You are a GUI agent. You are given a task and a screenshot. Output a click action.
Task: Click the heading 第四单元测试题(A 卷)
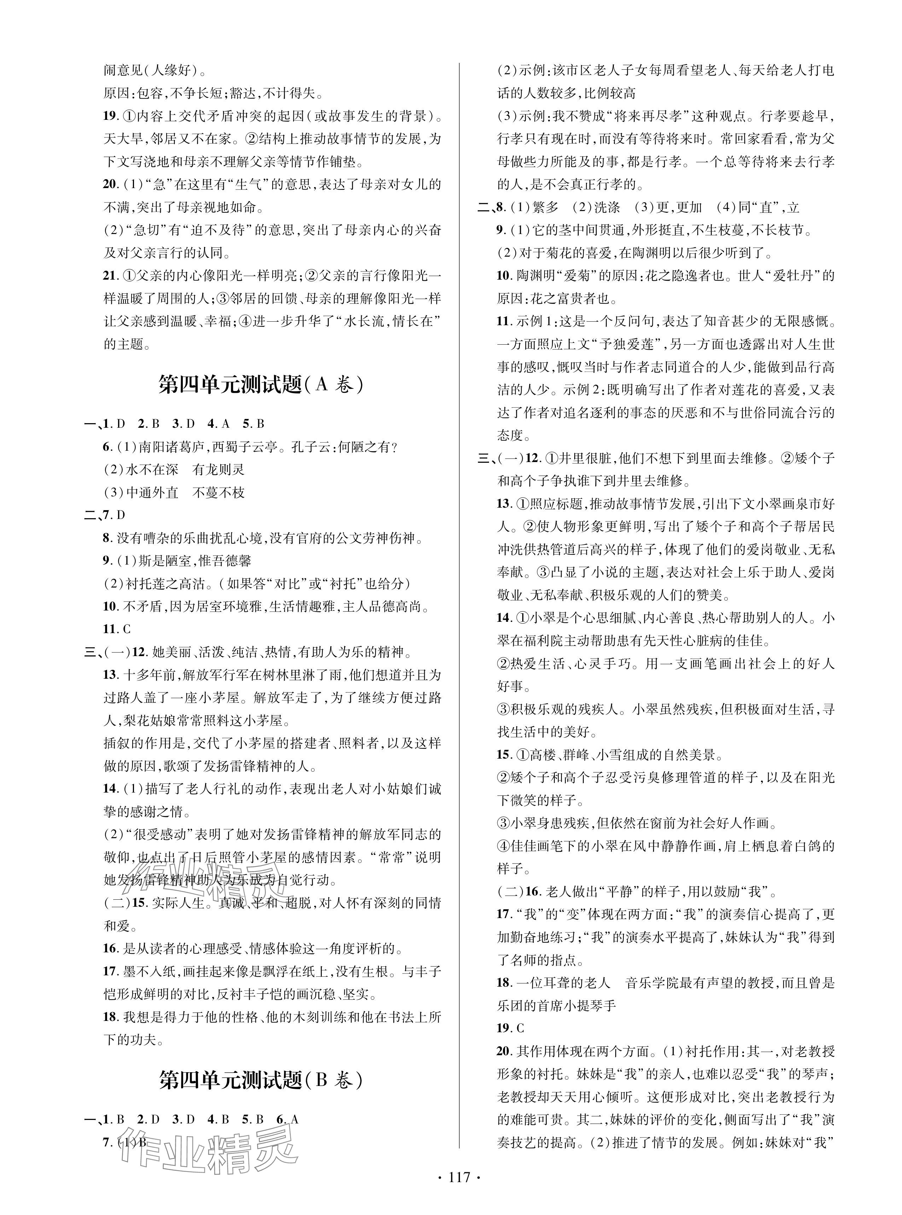click(261, 385)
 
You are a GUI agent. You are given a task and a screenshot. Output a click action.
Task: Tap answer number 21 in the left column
click(110, 276)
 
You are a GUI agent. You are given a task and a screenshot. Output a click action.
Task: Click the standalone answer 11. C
click(117, 629)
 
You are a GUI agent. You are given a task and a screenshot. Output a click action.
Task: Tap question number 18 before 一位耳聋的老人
click(504, 982)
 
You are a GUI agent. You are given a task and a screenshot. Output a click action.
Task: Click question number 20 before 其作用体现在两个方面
click(504, 1051)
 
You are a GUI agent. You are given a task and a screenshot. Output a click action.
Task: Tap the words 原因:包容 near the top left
click(133, 93)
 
